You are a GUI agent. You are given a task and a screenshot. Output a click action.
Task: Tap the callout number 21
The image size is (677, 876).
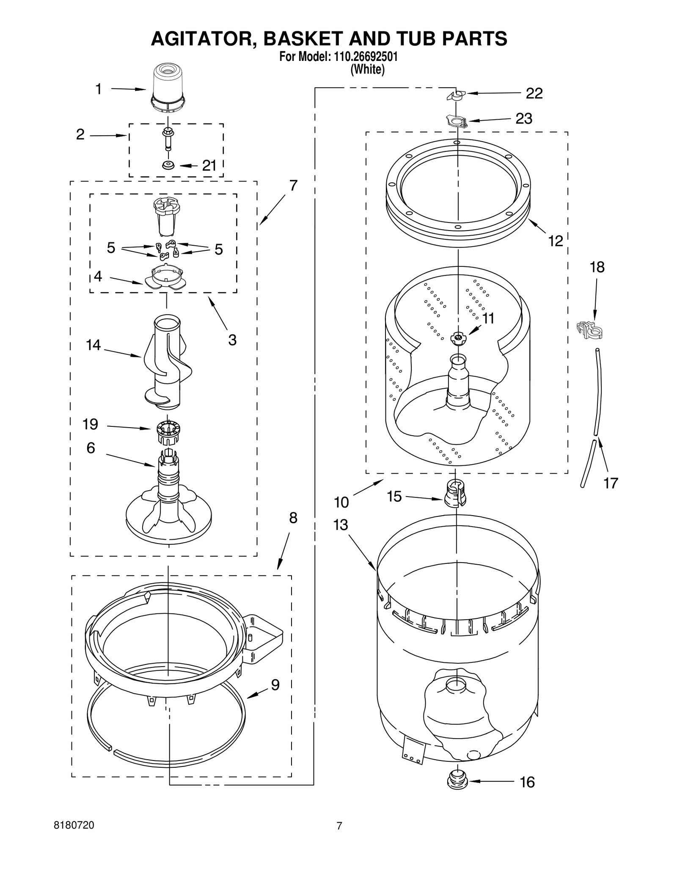coord(209,166)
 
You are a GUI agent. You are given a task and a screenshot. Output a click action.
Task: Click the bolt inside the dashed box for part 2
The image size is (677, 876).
coord(168,138)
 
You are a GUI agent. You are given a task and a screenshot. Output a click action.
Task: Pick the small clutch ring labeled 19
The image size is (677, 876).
coord(168,431)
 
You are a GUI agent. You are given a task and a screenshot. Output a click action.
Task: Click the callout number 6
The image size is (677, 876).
coord(91,448)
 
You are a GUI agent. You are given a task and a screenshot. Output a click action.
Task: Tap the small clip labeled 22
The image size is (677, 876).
coord(456,95)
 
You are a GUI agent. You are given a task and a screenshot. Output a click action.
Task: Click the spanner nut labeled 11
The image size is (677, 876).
coord(457,337)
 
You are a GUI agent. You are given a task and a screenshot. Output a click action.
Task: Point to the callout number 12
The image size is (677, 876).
coord(556,241)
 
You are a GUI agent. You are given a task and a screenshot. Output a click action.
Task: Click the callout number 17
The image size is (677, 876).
coord(611,483)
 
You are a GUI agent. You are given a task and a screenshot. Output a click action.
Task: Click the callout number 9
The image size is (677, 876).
coord(275,684)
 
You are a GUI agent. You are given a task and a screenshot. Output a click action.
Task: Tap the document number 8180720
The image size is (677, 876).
coord(74,825)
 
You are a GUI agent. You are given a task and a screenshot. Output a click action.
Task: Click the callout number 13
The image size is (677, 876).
coord(340,525)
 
